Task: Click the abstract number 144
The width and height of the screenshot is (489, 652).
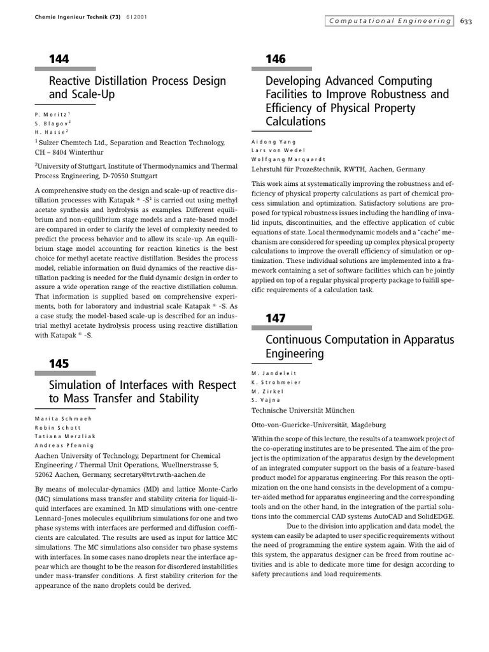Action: click(59, 59)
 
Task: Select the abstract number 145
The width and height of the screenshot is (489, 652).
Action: click(59, 364)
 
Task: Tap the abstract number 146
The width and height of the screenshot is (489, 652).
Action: click(275, 59)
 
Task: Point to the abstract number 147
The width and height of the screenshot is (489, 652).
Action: click(275, 318)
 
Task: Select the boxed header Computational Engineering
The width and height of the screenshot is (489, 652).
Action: click(389, 21)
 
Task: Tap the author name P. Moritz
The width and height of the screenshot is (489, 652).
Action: click(51, 113)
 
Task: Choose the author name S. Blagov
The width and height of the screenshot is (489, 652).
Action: click(52, 122)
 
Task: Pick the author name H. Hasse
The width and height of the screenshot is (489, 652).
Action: click(51, 131)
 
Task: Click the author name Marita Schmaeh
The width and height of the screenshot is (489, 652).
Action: click(64, 418)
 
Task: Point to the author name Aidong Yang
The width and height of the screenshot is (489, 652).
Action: click(274, 141)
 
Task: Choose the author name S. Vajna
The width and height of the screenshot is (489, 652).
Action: click(266, 400)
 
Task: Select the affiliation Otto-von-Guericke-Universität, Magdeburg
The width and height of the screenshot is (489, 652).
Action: click(318, 425)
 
